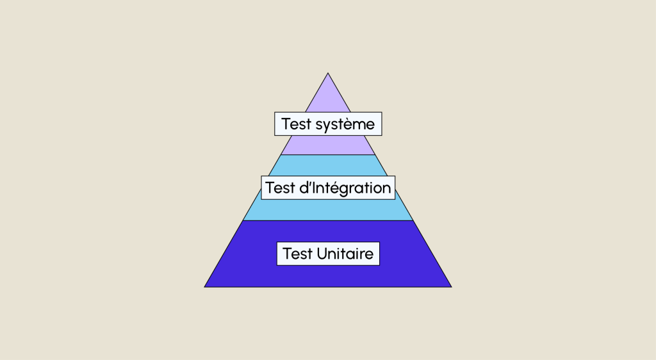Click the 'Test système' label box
328,124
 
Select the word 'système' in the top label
344,124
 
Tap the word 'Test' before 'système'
295,124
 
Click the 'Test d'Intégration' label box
328,187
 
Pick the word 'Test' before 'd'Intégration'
279,187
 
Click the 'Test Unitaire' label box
328,254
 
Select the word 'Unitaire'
345,254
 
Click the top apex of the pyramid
328,74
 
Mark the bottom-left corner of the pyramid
206,286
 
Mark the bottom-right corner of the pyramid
450,286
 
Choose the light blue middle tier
328,209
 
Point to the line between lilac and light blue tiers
328,155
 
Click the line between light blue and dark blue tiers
328,220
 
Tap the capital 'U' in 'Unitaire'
321,254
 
